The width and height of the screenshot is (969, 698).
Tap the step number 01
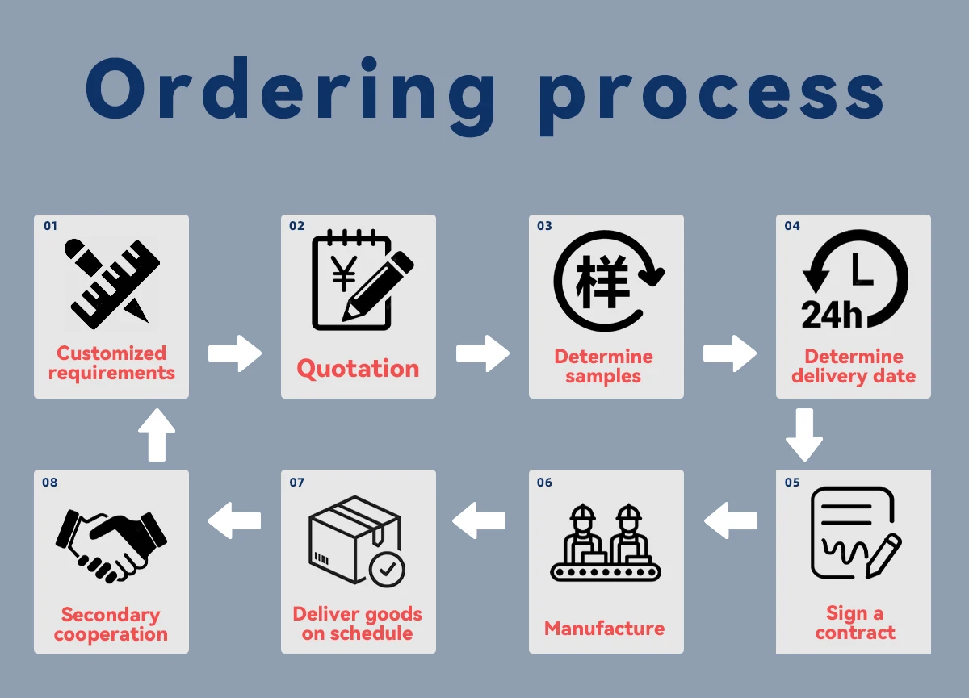coord(51,226)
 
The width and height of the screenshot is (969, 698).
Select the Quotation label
coord(358,369)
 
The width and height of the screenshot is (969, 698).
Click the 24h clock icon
coord(854,281)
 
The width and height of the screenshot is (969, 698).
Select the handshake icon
coord(111,543)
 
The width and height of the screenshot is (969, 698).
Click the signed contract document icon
coord(854,533)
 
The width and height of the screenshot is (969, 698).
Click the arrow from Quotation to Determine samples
coord(482,353)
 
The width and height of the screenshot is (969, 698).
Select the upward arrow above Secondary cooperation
coord(157,435)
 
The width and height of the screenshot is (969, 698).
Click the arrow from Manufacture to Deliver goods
coord(480,521)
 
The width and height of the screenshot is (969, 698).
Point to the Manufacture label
coord(605,629)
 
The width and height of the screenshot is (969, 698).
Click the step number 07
coord(296,483)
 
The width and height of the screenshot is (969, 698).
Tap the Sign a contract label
coord(854,623)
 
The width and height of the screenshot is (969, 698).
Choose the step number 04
coord(792,226)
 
